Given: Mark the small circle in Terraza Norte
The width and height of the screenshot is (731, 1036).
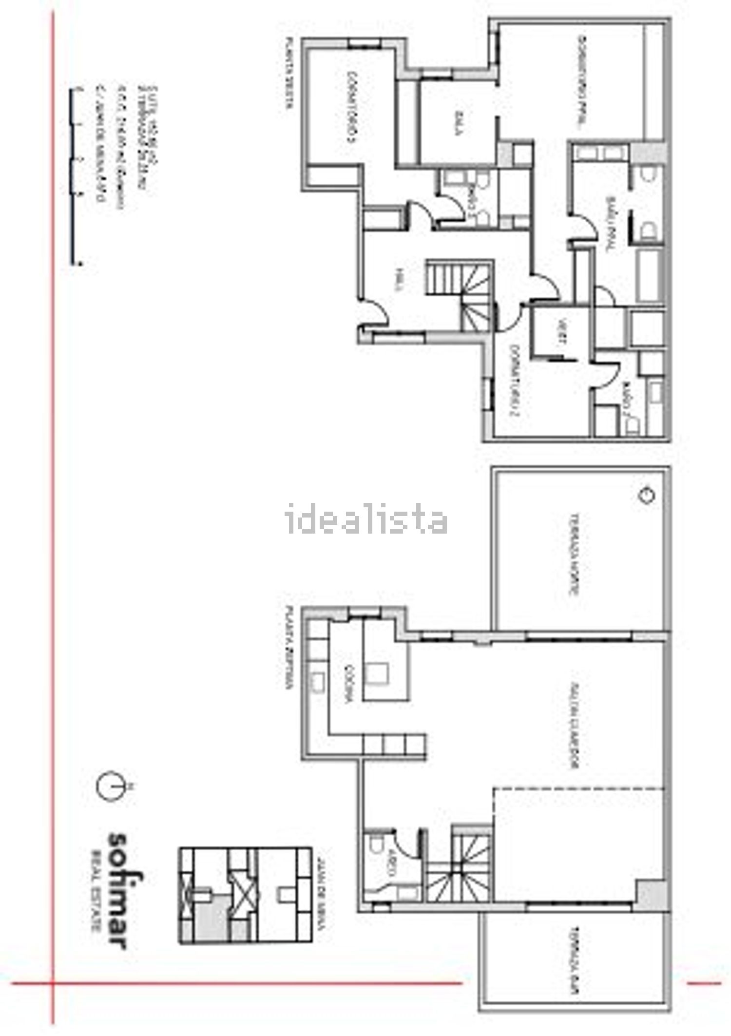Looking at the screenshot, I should (x=646, y=495).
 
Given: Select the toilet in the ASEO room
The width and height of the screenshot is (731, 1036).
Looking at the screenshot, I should (x=376, y=844).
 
